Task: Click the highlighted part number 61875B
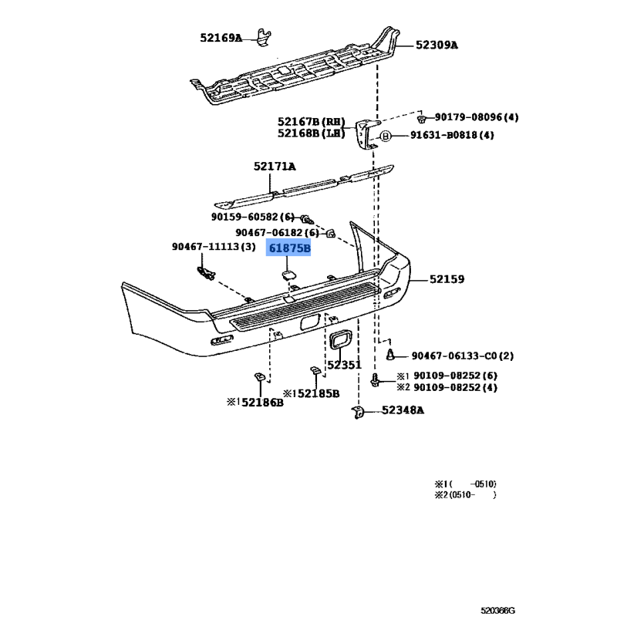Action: coord(289,248)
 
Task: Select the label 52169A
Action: coord(221,38)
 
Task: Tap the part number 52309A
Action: coord(437,46)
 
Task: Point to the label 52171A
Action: coord(275,167)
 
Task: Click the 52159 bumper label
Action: coord(447,279)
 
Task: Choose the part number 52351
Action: coord(344,365)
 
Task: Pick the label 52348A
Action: coord(403,410)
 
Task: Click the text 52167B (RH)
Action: coord(312,122)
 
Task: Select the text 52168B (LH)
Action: coord(312,133)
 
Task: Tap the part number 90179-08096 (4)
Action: coord(477,117)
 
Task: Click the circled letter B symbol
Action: coord(385,137)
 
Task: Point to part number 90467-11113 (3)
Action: coord(214,247)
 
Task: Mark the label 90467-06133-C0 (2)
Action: coord(463,356)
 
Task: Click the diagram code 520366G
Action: coord(497,610)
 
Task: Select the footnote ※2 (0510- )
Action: coord(466,495)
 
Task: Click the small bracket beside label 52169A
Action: coord(264,37)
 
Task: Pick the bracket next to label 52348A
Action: coord(358,413)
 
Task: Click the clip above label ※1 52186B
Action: coord(260,377)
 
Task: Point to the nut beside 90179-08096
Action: coord(421,119)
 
